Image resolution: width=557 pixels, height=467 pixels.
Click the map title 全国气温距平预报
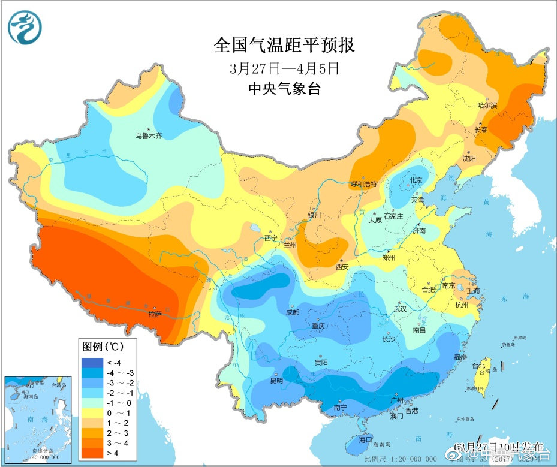tap(284, 46)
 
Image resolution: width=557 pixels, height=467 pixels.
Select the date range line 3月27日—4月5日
tap(284, 68)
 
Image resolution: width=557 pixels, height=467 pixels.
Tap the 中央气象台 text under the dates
tap(284, 89)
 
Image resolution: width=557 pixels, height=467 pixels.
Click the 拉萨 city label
tap(155, 314)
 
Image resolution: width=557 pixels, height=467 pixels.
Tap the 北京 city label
tap(416, 180)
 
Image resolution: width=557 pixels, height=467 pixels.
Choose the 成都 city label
tap(293, 312)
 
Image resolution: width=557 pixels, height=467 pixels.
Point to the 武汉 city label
tap(399, 309)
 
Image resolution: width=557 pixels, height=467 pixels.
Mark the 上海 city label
tap(474, 291)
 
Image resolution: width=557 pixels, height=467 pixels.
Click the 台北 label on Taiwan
tap(477, 366)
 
